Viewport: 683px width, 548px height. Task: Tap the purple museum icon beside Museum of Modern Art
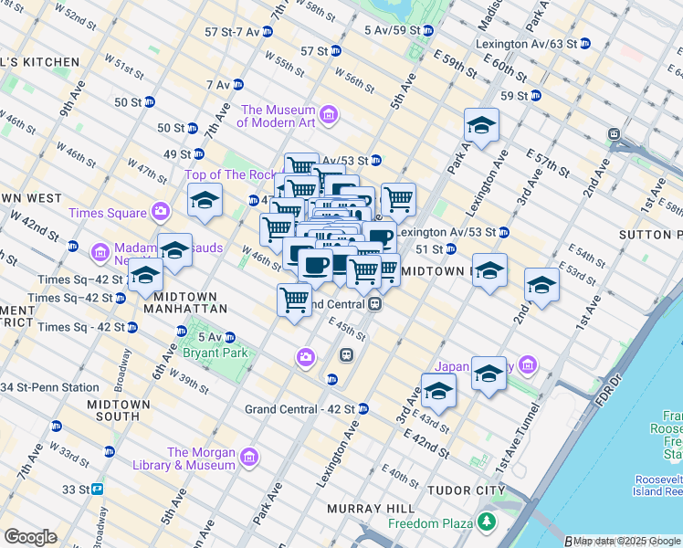click(x=330, y=116)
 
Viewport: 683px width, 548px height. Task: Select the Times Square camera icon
click(x=162, y=213)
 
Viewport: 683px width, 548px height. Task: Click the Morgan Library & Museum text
click(x=201, y=458)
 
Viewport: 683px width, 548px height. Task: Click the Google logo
click(x=31, y=537)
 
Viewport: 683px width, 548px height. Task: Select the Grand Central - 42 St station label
click(x=299, y=408)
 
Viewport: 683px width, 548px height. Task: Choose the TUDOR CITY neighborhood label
click(x=467, y=490)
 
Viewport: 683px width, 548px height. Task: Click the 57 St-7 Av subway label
click(x=232, y=31)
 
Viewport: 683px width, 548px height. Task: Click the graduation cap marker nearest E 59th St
click(x=481, y=126)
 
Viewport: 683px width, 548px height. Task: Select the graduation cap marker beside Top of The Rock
click(x=205, y=201)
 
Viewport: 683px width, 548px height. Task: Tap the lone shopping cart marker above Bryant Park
click(x=294, y=299)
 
